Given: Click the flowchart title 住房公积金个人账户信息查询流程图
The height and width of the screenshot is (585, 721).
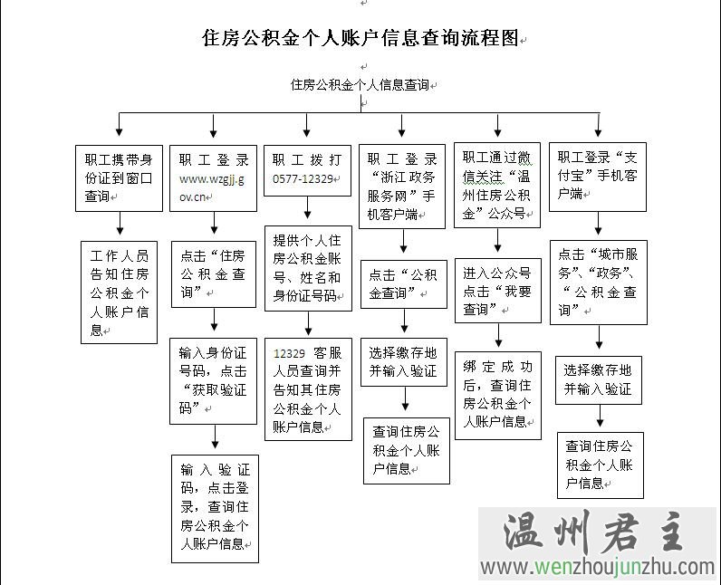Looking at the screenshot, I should click(360, 39).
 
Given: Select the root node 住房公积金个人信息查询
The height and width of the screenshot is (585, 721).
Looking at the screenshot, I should click(360, 85).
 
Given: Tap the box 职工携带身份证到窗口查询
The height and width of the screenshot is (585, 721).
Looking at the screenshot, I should click(119, 177).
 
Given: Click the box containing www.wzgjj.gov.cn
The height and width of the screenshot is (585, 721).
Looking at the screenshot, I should click(213, 177).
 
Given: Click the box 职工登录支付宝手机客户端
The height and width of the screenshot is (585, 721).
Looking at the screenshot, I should click(597, 177).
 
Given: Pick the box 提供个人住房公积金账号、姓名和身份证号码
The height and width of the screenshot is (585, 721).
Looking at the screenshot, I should click(308, 268).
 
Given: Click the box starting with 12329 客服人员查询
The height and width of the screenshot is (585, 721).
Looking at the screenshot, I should click(308, 389).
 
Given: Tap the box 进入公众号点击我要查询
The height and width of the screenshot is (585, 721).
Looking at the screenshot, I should click(498, 290).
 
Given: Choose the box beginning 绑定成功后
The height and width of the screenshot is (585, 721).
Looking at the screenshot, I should click(498, 395).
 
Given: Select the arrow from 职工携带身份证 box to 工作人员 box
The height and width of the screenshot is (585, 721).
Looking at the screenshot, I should click(119, 225).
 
